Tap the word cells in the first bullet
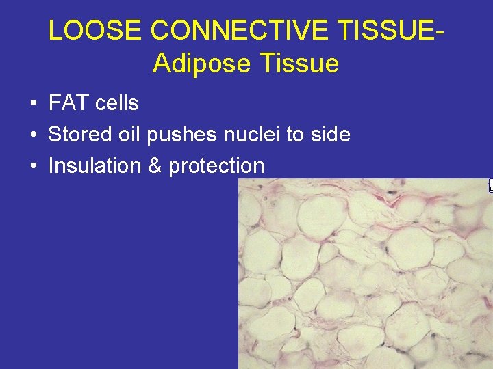(117, 104)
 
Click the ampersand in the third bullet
(155, 166)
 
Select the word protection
(216, 166)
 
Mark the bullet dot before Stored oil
(33, 135)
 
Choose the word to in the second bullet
(294, 135)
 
